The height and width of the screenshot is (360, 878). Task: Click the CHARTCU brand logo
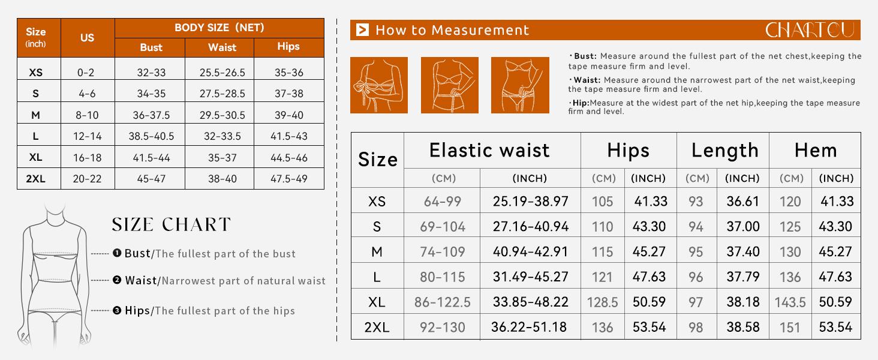[x=810, y=30]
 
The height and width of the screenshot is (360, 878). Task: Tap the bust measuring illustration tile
[x=378, y=85]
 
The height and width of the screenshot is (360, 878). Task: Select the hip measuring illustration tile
[x=520, y=85]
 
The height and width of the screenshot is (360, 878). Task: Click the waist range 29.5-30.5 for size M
[x=222, y=115]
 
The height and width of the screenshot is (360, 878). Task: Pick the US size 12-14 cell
[x=88, y=136]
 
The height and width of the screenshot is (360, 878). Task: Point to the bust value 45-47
[x=151, y=179]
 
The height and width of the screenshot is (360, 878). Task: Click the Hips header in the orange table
[x=288, y=46]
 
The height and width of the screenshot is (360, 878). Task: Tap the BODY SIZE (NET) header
[x=220, y=28]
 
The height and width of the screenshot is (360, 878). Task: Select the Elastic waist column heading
[x=489, y=150]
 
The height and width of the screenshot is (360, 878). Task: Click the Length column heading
[x=724, y=151]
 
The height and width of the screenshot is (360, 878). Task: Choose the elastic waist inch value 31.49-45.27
[x=530, y=277]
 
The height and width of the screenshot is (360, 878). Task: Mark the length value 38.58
[x=743, y=327]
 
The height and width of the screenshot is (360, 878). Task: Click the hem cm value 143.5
[x=790, y=302]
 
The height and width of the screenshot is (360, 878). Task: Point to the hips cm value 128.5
[x=602, y=302]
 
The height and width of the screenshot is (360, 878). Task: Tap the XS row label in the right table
[x=377, y=202]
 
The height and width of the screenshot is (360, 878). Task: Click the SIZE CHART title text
[x=172, y=224]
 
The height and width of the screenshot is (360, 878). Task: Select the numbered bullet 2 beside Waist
[x=117, y=280]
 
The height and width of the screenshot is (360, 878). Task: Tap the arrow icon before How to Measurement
[x=363, y=30]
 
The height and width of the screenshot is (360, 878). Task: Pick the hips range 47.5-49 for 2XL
[x=289, y=179]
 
